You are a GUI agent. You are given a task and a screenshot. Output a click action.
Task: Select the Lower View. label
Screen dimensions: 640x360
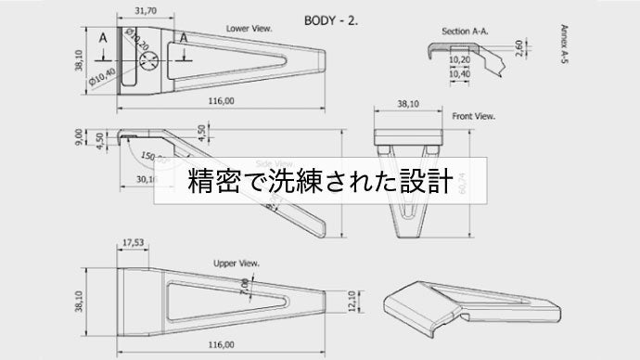point(249,29)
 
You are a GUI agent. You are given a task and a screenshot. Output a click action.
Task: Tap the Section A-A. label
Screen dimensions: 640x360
point(466,31)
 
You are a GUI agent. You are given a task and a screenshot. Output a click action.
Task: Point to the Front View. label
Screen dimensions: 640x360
point(474,117)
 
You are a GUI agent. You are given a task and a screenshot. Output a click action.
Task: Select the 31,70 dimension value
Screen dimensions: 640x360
point(146,11)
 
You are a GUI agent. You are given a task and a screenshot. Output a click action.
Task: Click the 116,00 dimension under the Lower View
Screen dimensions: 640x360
point(221,100)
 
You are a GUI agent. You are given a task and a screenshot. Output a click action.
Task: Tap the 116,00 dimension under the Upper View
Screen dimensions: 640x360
point(221,344)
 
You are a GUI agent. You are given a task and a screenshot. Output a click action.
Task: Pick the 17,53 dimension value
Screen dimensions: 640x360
point(134,243)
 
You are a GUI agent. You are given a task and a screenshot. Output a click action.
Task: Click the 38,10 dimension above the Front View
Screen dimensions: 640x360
point(408,105)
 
